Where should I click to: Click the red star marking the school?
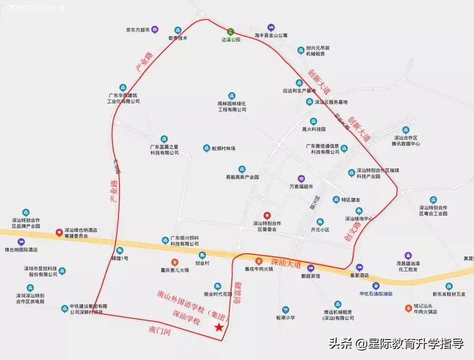pos(219,327)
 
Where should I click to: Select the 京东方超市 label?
pos(134,30)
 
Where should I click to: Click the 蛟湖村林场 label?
pos(226,149)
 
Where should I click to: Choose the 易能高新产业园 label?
pos(242,177)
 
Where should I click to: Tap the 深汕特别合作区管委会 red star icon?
pos(267,215)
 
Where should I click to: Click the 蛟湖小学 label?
pos(286,317)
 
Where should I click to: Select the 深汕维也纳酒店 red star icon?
pos(59,232)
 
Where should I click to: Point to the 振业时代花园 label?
pos(217,294)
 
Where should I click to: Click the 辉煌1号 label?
pos(119,259)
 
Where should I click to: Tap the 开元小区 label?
pos(319,230)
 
